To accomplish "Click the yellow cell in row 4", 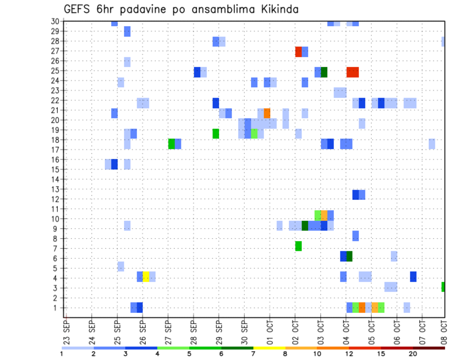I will pos(146,277).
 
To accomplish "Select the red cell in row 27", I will pos(299,52).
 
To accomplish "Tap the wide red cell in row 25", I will pos(352,72).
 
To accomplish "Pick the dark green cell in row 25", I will pos(324,72).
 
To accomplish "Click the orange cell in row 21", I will pos(267,113).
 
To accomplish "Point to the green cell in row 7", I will pos(299,246).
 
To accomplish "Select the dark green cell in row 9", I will pos(305,226).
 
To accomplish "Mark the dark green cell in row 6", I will pos(349,256).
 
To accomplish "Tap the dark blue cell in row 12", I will pos(355,195).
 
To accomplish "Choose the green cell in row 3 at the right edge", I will pos(443,287).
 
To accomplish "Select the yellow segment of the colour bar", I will pos(269,348).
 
